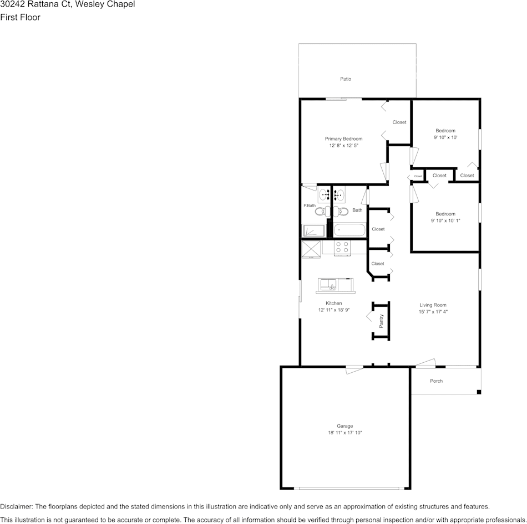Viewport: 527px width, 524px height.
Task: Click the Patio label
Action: tap(345, 79)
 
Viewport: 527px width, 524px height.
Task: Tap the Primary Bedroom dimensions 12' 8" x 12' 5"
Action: tap(343, 146)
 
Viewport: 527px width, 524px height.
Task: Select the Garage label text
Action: tap(344, 426)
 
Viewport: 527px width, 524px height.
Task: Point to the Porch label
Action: tap(437, 381)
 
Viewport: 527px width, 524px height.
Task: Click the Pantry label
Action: tap(381, 321)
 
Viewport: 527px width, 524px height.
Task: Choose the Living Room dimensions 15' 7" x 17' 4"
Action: tap(433, 312)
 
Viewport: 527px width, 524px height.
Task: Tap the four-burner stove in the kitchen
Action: tap(343, 248)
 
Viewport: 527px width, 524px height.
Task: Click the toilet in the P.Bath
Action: tap(322, 211)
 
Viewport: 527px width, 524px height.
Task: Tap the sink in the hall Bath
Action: tap(339, 195)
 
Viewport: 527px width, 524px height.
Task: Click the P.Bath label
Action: tap(309, 206)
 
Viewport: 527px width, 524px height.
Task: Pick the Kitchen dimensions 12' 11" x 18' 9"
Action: tap(333, 310)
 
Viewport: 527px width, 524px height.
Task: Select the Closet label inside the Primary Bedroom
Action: tap(399, 122)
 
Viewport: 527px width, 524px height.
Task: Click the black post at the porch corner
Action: tap(479, 392)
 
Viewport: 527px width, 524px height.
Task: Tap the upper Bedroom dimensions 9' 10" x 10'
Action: tap(445, 137)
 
